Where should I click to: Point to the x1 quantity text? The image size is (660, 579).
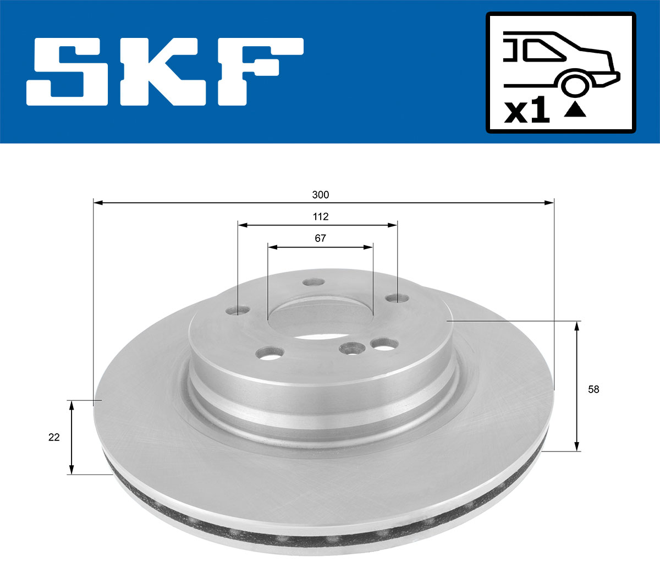tap(527, 112)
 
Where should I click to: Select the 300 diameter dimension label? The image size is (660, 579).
tap(321, 195)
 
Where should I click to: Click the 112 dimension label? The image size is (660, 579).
tap(321, 217)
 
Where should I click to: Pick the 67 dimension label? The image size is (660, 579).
tap(321, 238)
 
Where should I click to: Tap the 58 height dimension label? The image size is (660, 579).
tap(593, 389)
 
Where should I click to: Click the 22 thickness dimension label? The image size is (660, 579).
tap(54, 438)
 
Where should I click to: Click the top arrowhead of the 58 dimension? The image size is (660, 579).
tap(576, 326)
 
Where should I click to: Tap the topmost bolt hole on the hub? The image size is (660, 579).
tap(314, 282)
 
